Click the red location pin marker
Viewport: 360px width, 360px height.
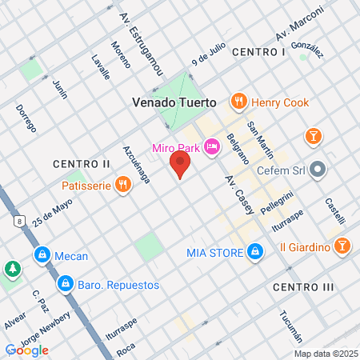(180, 165)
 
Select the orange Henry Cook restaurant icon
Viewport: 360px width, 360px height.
(238, 102)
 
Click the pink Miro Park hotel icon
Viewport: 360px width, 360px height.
(212, 146)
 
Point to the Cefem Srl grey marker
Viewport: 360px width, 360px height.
(318, 169)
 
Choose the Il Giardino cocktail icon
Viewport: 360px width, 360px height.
(342, 246)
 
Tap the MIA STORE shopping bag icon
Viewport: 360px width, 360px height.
(255, 253)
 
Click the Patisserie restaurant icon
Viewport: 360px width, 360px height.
(122, 185)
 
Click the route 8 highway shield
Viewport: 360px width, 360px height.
(18, 220)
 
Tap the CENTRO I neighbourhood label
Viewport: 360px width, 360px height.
(258, 52)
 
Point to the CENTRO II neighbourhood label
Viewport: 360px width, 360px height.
(81, 164)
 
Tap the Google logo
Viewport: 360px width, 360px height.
(27, 350)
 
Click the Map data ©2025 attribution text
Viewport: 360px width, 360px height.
(325, 354)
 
